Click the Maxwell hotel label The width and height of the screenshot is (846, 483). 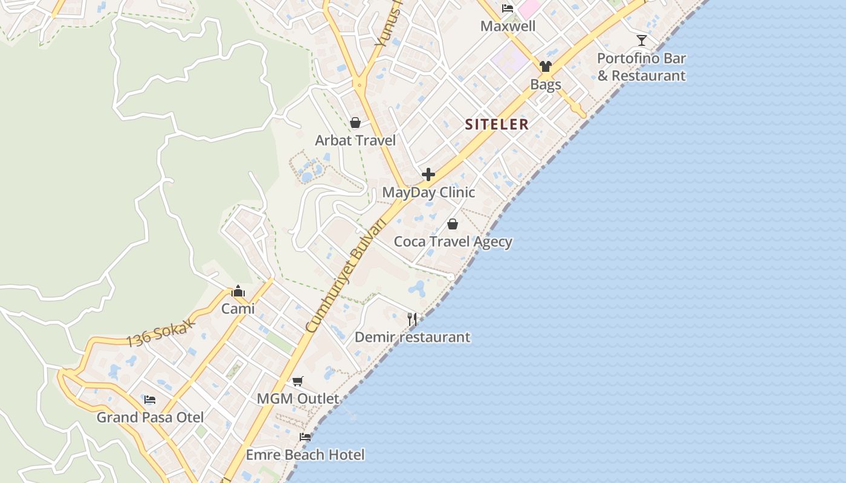tap(508, 27)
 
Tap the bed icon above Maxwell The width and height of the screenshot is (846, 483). tap(508, 8)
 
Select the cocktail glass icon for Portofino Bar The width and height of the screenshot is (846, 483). tap(642, 40)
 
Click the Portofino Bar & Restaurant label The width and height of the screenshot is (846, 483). tap(641, 67)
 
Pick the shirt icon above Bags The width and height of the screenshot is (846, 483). tap(546, 66)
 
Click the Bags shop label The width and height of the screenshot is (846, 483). tap(546, 85)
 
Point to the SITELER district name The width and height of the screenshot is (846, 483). tap(497, 124)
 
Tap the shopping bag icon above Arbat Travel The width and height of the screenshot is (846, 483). tap(355, 123)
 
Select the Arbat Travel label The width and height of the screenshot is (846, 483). tap(355, 141)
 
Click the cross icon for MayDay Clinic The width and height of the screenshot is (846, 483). tap(428, 174)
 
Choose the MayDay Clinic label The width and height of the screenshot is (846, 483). tap(428, 193)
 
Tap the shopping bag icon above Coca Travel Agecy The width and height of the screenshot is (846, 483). tap(453, 224)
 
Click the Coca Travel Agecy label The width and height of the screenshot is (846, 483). tap(453, 242)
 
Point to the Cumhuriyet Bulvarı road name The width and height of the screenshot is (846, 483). tap(346, 275)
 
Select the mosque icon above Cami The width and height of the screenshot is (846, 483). tap(238, 291)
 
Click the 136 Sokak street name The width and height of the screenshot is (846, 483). tap(160, 333)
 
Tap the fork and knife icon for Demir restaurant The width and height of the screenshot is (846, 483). tap(412, 319)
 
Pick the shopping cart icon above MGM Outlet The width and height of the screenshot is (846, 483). tap(297, 381)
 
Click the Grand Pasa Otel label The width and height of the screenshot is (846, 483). tap(150, 417)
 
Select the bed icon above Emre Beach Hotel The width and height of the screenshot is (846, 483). tap(305, 437)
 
